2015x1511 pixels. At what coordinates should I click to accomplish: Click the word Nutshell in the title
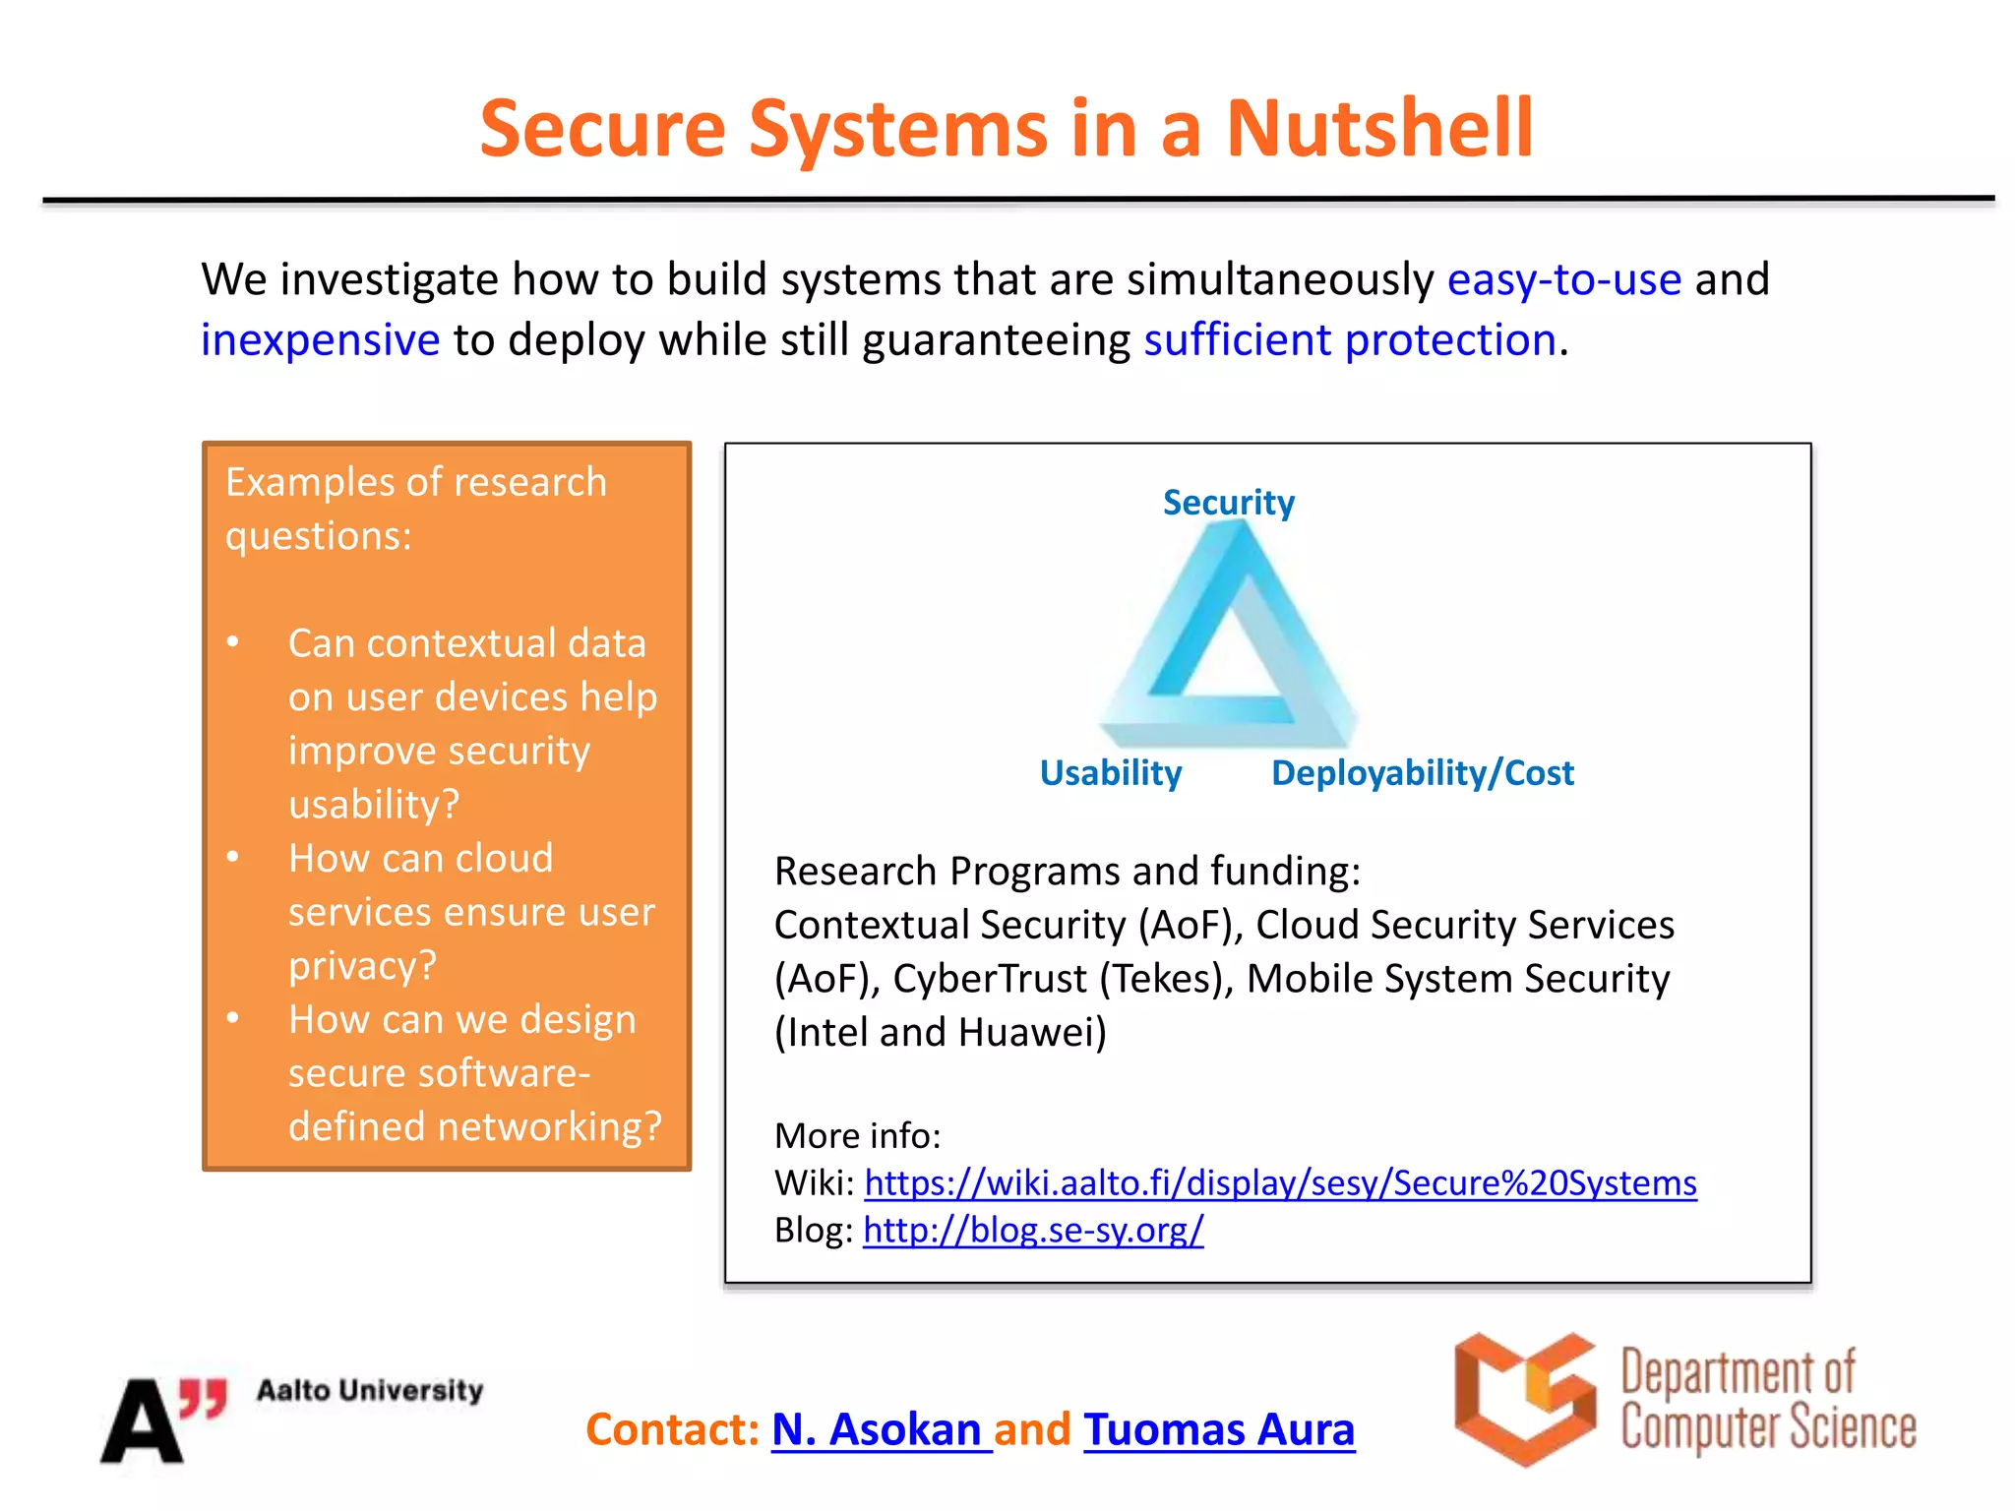click(x=1378, y=130)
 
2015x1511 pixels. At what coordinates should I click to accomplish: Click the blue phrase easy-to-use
click(x=1563, y=280)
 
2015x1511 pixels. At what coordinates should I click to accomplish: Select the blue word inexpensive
click(x=320, y=340)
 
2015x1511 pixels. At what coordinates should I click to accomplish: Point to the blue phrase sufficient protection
click(x=1349, y=340)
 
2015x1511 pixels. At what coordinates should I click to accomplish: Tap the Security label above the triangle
click(x=1228, y=503)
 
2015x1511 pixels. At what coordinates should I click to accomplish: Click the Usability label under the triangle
click(x=1110, y=773)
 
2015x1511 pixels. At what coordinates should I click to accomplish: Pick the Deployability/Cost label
click(x=1422, y=773)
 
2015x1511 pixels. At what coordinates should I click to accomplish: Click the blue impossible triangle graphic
click(x=1228, y=639)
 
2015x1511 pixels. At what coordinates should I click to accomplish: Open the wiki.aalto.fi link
click(x=1280, y=1182)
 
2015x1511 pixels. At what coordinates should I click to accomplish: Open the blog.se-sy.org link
click(x=1033, y=1230)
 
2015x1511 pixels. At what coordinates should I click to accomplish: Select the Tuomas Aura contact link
click(x=1219, y=1429)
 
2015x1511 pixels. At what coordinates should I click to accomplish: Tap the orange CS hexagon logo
click(x=1523, y=1399)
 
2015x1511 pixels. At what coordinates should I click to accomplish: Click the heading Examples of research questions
click(x=415, y=509)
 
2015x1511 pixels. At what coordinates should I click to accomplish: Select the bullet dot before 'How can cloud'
click(x=233, y=857)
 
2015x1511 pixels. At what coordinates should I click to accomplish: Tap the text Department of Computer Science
click(x=1767, y=1400)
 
